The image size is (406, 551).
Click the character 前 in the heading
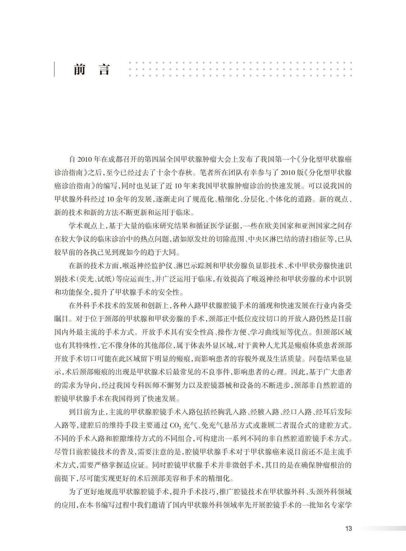click(x=79, y=69)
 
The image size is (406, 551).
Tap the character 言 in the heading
click(x=104, y=69)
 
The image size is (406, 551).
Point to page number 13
click(x=348, y=528)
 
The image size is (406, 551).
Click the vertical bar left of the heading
click(x=55, y=69)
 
